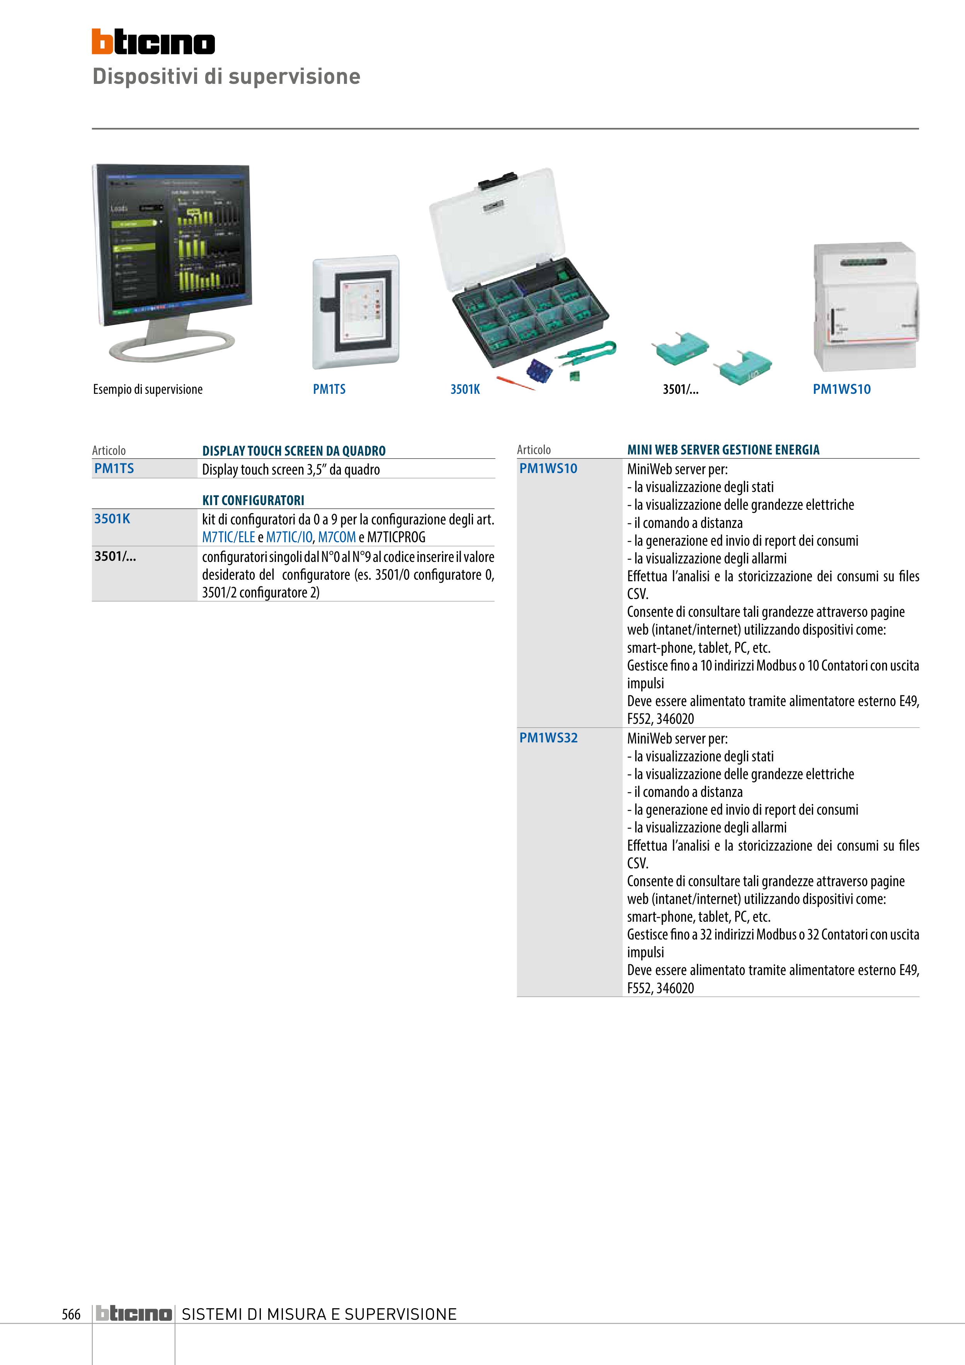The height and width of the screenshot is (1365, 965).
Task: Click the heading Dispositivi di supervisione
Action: coord(226,77)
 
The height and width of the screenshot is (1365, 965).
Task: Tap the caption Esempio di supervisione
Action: coord(148,390)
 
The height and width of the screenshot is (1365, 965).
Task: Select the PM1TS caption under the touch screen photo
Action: coord(329,390)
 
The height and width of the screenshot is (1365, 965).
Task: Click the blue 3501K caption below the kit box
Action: coord(465,390)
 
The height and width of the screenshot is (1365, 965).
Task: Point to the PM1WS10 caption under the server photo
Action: coord(841,390)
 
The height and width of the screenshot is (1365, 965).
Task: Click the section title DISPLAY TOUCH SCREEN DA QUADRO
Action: coord(294,451)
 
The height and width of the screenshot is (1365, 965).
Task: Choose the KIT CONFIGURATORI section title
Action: coord(253,500)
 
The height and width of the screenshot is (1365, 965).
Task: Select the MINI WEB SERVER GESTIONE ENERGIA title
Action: coord(723,450)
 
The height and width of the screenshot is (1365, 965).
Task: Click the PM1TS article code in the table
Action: coord(114,468)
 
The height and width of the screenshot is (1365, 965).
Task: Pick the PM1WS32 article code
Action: coord(548,738)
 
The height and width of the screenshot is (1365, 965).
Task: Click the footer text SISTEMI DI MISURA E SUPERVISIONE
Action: coord(319,1314)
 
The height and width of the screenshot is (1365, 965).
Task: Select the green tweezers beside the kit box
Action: coord(588,352)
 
